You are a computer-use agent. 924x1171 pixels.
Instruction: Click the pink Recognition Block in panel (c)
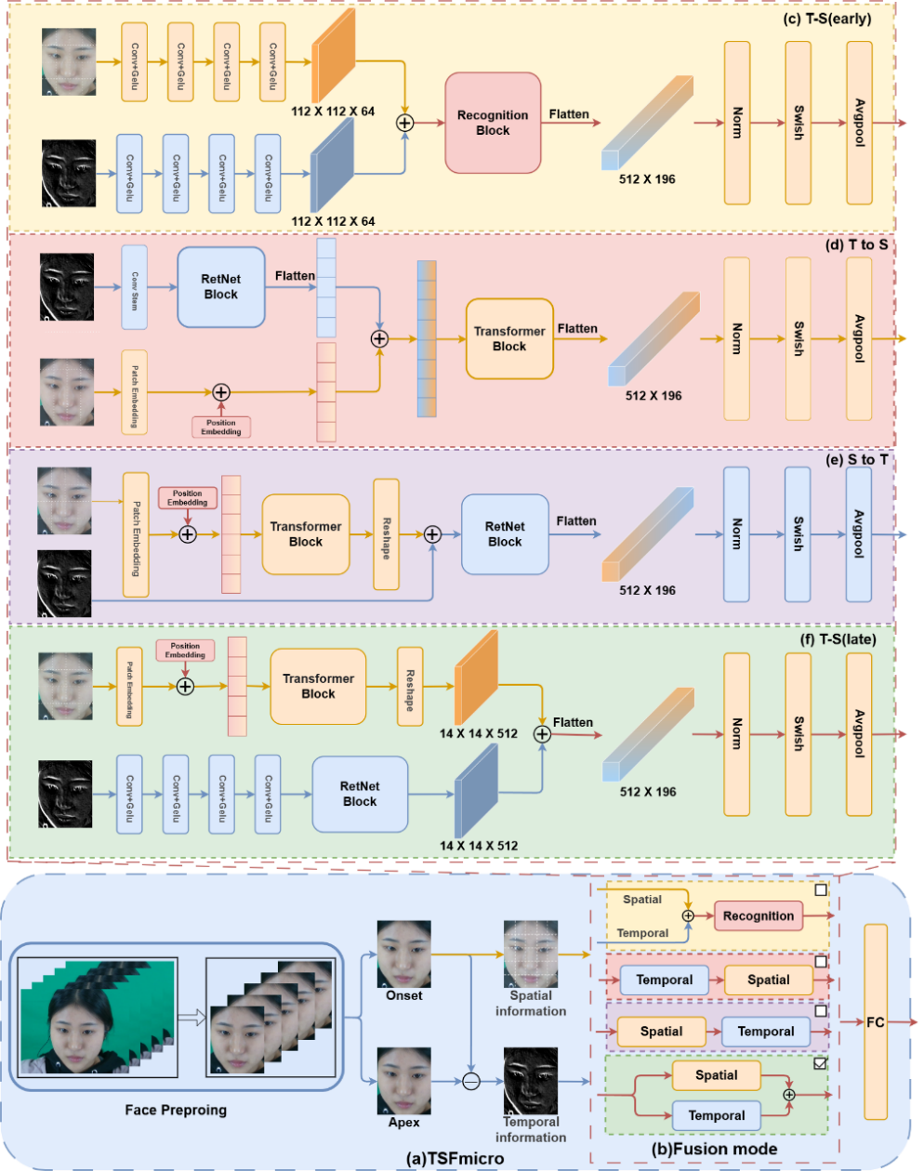coord(493,123)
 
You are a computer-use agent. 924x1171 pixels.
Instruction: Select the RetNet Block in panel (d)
coord(221,287)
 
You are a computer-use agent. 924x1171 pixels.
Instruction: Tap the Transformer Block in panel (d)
coord(509,339)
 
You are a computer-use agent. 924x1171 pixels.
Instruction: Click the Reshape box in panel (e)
coord(386,534)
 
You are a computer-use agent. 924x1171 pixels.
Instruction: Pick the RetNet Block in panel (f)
coord(360,794)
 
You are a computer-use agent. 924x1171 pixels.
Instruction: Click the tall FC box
coord(875,1022)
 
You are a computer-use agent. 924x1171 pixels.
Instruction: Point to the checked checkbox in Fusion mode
coord(820,1063)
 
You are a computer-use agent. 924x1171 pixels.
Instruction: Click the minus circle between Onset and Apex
coord(471,1081)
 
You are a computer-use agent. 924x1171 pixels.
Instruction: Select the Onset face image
coord(403,954)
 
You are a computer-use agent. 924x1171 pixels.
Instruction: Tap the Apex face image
coord(403,1081)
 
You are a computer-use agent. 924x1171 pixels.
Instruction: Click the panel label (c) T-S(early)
coord(827,18)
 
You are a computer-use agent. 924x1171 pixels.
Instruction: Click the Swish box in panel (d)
coord(798,339)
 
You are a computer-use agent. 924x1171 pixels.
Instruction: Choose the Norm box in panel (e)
coord(736,534)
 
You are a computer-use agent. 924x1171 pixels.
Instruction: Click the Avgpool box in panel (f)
coord(859,734)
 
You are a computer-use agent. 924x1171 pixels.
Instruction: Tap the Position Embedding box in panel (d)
coord(221,428)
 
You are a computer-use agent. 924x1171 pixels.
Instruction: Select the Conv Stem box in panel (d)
coord(135,287)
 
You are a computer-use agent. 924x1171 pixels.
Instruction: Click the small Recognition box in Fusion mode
coord(759,915)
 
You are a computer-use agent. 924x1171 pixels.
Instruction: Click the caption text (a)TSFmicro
coord(455,1159)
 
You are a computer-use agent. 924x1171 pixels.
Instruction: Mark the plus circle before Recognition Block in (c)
coord(405,123)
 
